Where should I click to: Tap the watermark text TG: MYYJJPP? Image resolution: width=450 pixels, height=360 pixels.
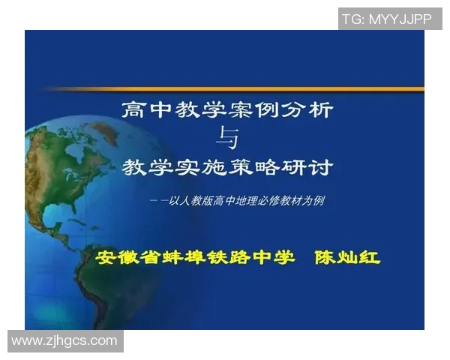pyautogui.click(x=386, y=19)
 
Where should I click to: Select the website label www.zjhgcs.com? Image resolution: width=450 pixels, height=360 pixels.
pyautogui.click(x=64, y=341)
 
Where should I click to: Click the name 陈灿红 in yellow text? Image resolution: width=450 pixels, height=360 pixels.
pyautogui.click(x=347, y=257)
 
